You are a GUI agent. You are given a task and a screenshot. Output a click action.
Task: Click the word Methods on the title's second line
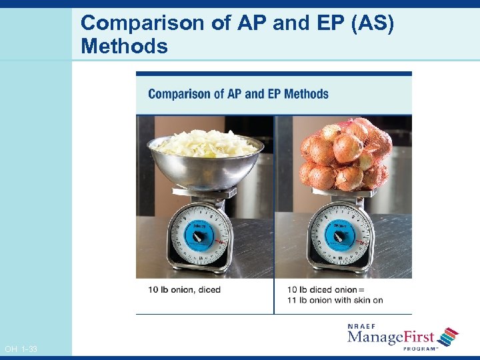click(124, 47)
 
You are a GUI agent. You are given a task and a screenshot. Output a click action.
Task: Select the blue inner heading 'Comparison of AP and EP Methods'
click(238, 94)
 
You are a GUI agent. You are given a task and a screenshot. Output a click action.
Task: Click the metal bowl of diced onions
click(205, 163)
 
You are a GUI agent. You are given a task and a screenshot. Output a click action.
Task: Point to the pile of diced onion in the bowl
click(205, 142)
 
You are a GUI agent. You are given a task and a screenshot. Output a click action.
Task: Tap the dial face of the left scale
click(199, 236)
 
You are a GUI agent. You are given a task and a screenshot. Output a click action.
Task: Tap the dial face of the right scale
click(339, 236)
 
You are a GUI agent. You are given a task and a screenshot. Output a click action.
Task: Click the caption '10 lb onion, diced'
click(185, 290)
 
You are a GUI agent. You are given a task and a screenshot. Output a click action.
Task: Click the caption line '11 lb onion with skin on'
click(335, 300)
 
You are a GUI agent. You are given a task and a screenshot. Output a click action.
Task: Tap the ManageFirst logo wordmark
click(390, 337)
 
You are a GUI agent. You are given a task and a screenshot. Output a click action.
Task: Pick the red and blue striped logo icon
click(448, 336)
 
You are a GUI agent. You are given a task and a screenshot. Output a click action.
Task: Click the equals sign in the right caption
click(362, 290)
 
